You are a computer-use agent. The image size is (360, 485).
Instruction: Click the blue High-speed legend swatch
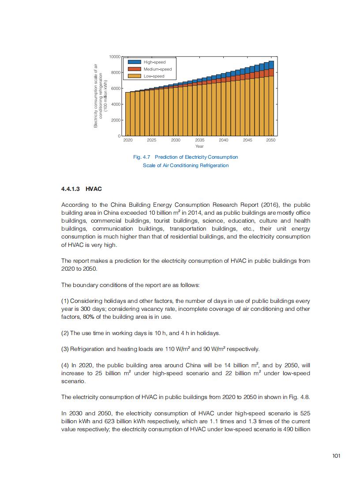(135, 62)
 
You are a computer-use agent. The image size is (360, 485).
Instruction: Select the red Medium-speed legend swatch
(135, 69)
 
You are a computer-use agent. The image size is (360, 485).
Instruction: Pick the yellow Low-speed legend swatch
(135, 76)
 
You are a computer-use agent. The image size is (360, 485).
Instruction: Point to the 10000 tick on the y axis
(115, 57)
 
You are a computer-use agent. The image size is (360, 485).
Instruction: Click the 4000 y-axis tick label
(116, 104)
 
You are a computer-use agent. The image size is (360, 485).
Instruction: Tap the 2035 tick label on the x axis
(199, 140)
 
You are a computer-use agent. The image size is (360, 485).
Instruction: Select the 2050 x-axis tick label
(271, 140)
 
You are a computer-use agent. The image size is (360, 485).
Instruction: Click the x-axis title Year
(199, 146)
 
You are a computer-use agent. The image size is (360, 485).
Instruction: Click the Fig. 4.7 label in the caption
(142, 157)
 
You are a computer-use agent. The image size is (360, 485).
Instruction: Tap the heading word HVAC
(94, 189)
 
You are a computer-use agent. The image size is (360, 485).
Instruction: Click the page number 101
(336, 456)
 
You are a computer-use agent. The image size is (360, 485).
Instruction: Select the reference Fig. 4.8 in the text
(300, 397)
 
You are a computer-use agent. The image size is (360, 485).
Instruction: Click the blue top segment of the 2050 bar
(271, 65)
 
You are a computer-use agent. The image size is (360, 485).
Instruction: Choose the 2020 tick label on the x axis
(128, 140)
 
